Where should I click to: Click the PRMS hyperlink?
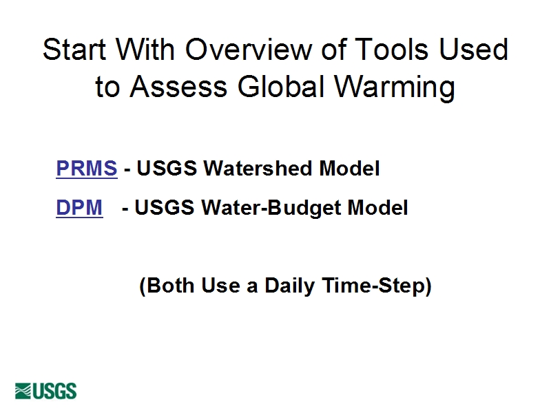pos(87,168)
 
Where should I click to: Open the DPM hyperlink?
pos(79,207)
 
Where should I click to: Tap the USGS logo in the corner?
pos(45,391)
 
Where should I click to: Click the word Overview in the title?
pos(249,49)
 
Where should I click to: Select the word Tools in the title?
pos(391,49)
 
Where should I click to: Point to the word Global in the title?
pos(280,87)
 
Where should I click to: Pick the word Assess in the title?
pos(178,87)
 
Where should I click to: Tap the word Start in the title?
pos(74,49)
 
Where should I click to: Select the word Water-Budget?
pos(271,208)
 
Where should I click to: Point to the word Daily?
pos(289,286)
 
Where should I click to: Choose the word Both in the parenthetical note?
pos(170,285)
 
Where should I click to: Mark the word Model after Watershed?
pos(349,168)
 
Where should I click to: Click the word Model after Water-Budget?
pos(377,207)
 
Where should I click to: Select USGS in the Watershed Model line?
pos(167,168)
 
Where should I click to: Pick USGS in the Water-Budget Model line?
pos(165,207)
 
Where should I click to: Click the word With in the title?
pos(145,49)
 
